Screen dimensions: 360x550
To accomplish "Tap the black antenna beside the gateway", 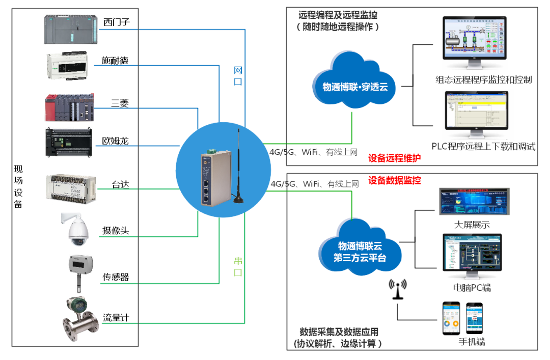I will pos(238,168).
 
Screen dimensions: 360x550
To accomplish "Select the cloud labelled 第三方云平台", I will pos(360,248).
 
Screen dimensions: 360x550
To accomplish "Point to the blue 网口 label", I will pos(238,75).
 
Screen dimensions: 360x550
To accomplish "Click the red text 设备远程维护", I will pos(395,158).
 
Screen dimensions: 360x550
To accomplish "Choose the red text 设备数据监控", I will pos(395,181).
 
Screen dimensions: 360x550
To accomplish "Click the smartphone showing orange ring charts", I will pos(450,318).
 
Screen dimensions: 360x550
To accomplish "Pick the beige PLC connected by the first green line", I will pos(70,189).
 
